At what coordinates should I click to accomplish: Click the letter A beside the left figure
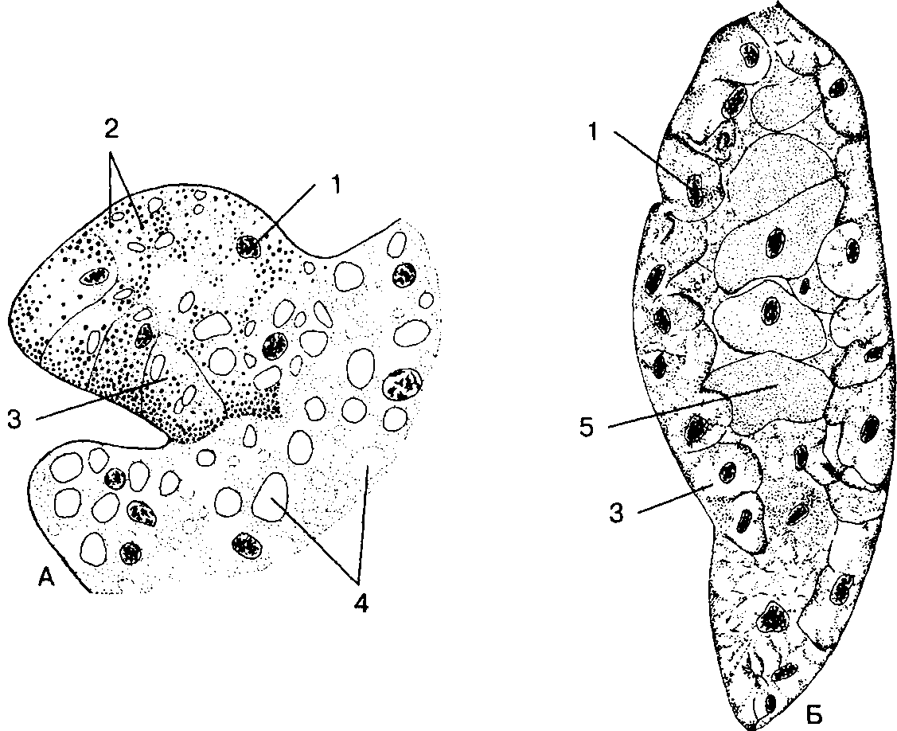coord(47,578)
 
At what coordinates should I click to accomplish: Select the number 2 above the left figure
coord(111,129)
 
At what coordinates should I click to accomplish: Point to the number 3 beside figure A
coord(15,420)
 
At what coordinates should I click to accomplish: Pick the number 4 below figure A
coord(360,603)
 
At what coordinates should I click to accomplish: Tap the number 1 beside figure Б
coord(593,133)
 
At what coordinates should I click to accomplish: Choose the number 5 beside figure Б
coord(587,428)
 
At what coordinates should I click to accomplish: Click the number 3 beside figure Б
coord(615,514)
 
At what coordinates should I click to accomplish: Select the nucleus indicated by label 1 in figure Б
coord(695,190)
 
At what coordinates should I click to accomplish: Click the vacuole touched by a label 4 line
coord(271,496)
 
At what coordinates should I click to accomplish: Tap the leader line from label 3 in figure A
coord(101,398)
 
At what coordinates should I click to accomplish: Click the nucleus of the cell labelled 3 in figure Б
coord(728,471)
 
